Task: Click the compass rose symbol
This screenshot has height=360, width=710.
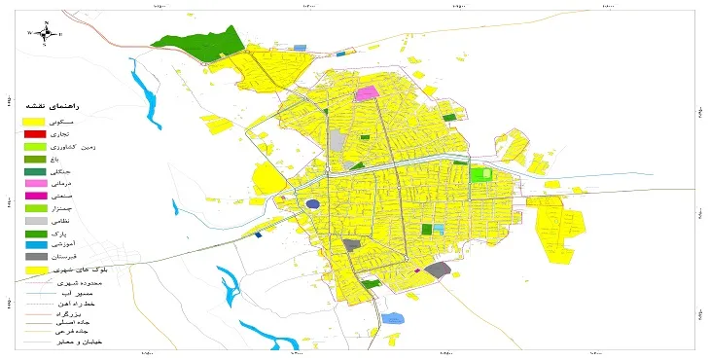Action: (45, 32)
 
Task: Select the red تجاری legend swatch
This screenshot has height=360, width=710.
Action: (35, 133)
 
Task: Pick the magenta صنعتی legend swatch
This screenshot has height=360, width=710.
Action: (35, 196)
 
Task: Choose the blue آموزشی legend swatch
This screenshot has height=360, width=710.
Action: (35, 245)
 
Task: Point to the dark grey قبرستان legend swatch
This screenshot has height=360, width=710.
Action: (35, 257)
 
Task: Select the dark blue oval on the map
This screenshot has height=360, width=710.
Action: (312, 204)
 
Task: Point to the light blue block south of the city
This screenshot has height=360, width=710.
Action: (392, 318)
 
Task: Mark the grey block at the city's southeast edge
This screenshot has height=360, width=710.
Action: (440, 269)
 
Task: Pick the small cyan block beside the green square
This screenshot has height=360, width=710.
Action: (438, 229)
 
